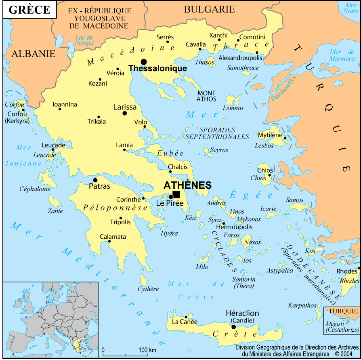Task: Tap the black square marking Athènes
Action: [176, 194]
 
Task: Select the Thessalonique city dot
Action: [143, 62]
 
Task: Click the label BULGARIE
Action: [209, 9]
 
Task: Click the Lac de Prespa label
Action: [84, 40]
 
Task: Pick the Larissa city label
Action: [125, 107]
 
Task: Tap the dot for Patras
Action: [95, 180]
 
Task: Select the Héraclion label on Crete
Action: [242, 313]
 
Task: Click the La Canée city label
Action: [185, 322]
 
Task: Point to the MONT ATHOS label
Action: [206, 96]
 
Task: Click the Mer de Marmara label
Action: [342, 55]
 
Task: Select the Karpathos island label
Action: [302, 305]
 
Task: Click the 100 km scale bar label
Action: [147, 349]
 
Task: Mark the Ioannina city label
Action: [65, 104]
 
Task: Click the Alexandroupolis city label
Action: [240, 58]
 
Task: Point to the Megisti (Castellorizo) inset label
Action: [342, 327]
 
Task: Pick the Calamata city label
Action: [113, 237]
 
